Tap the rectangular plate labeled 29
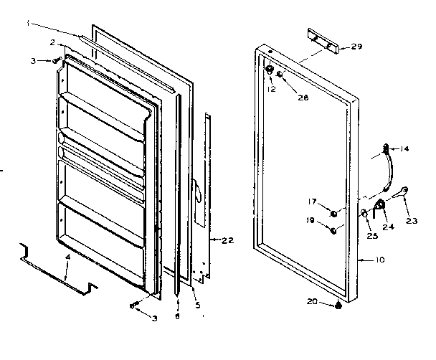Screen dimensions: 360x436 [322, 40]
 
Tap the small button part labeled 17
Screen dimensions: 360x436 [334, 214]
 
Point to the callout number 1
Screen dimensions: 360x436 [29, 24]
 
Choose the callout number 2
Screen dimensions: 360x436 [52, 42]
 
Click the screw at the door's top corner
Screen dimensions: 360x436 [56, 61]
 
